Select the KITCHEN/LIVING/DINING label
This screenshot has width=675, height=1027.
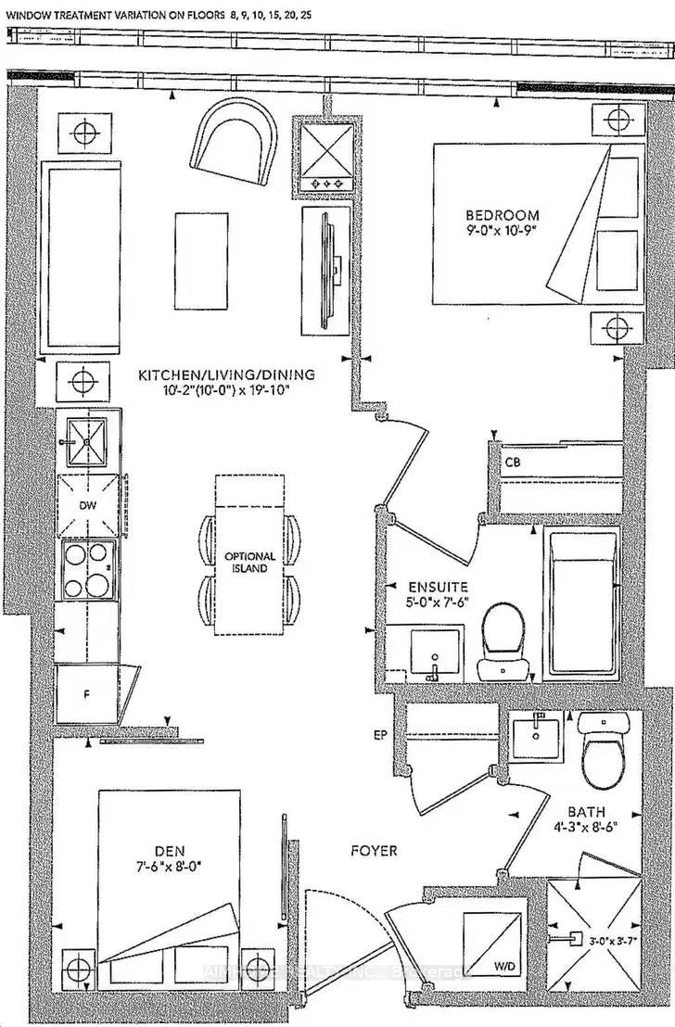point(226,374)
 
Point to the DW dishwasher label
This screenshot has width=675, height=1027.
point(89,506)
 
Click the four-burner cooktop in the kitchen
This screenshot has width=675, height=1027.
point(88,570)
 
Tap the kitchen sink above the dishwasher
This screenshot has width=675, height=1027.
point(86,442)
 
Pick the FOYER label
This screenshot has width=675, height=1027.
point(374,850)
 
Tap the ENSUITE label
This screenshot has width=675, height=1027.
point(438,588)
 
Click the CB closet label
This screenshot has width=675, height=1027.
point(513,461)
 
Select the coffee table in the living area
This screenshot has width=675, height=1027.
point(203,260)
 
